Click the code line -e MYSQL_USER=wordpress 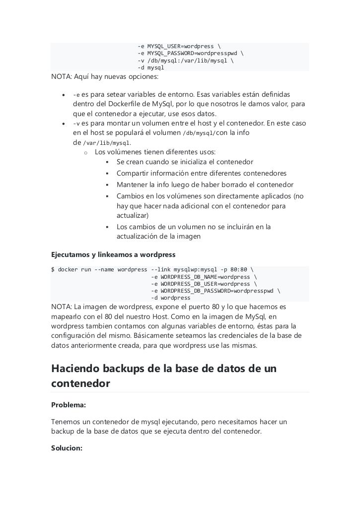179,47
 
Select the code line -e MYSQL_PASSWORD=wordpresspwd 190,54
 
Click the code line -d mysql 151,67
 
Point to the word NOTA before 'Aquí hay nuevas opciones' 61,77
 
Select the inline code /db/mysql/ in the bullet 199,133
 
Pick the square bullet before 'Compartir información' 107,174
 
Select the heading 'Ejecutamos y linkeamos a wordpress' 113,254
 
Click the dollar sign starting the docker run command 53,270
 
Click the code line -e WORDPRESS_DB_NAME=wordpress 204,277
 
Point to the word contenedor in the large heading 80,384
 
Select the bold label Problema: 69,405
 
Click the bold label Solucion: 67,447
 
